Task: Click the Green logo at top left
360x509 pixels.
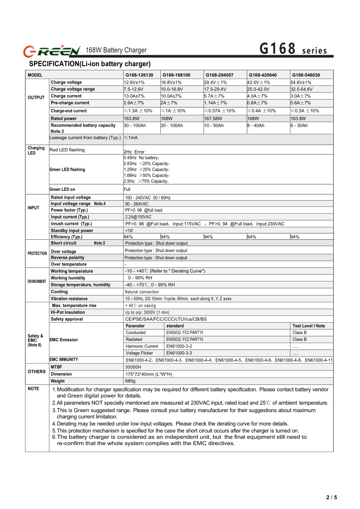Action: (x=52, y=50)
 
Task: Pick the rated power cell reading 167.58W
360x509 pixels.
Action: (x=213, y=118)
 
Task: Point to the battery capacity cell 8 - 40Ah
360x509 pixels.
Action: (x=256, y=125)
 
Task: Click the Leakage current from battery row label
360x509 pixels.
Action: (x=85, y=137)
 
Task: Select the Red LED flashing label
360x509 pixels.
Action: (x=67, y=150)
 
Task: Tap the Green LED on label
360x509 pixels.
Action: (x=62, y=189)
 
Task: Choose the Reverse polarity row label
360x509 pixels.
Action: (x=67, y=257)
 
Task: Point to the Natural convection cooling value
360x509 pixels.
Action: (x=142, y=292)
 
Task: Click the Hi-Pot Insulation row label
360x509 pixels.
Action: (x=68, y=312)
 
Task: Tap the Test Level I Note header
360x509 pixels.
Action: (x=309, y=326)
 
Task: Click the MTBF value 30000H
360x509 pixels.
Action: (x=133, y=367)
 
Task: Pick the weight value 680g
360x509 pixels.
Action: (x=130, y=381)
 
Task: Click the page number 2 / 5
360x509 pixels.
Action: (x=332, y=497)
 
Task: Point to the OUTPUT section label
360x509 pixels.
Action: (x=36, y=97)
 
